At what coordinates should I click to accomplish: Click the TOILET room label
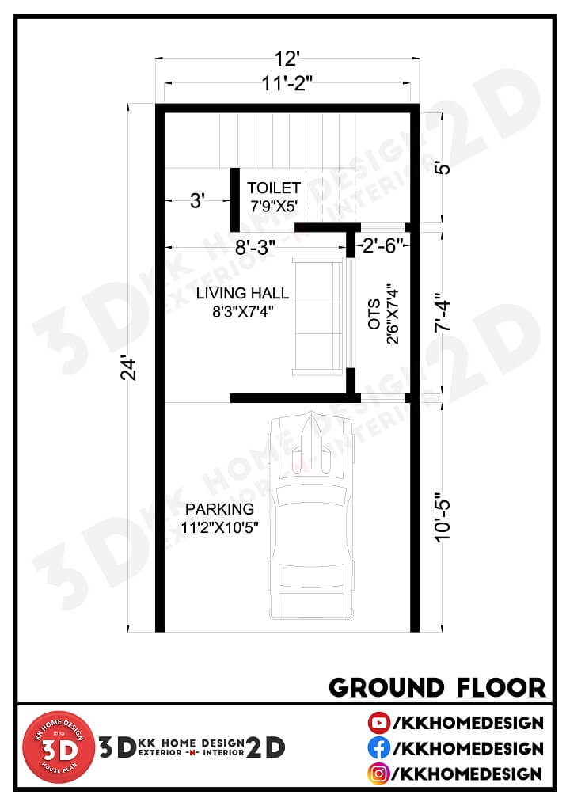274,188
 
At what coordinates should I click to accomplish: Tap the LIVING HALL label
242,294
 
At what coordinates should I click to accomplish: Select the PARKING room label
220,509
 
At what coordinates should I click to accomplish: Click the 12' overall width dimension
287,59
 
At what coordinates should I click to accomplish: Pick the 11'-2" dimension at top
287,82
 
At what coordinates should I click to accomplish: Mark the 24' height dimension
129,368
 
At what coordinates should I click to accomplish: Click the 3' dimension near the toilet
197,200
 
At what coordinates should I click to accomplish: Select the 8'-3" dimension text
255,247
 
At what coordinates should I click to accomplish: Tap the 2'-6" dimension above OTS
380,245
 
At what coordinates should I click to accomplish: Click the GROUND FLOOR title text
437,687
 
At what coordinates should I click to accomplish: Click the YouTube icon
378,723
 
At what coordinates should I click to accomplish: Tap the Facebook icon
378,748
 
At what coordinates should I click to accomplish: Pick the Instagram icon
378,774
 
